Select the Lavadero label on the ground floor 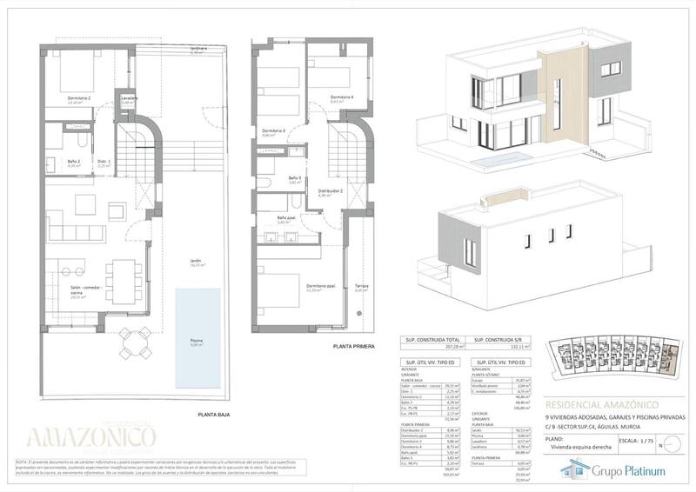point(129,98)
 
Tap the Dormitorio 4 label point(342,97)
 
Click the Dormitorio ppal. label point(322,286)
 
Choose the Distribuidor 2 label point(330,190)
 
